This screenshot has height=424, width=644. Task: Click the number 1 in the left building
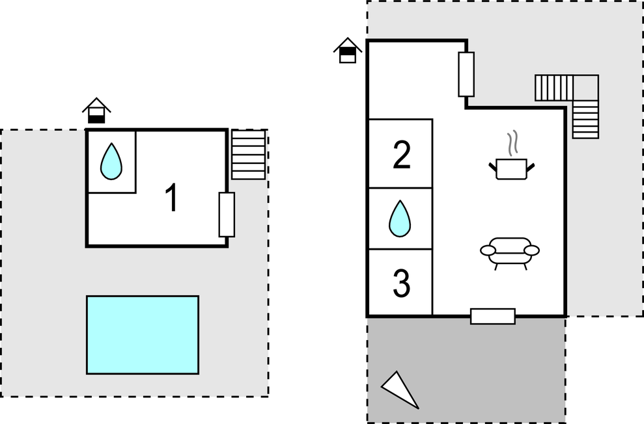pyautogui.click(x=171, y=198)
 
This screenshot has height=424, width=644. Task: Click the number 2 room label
pyautogui.click(x=402, y=155)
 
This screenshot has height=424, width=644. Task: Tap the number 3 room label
pyautogui.click(x=402, y=283)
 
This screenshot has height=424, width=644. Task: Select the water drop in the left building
pyautogui.click(x=111, y=162)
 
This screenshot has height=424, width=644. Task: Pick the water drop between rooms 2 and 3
pyautogui.click(x=400, y=219)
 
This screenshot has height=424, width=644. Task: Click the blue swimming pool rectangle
pyautogui.click(x=143, y=335)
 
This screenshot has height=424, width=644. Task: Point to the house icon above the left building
pyautogui.click(x=96, y=111)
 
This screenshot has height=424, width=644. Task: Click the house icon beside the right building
pyautogui.click(x=348, y=50)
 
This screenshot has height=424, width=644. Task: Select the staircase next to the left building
pyautogui.click(x=249, y=155)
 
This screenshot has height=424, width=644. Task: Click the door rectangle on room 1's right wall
pyautogui.click(x=227, y=215)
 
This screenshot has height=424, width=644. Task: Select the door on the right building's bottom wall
pyautogui.click(x=493, y=316)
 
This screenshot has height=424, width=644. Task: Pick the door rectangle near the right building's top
pyautogui.click(x=466, y=74)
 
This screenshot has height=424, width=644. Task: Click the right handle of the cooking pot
pyautogui.click(x=531, y=168)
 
